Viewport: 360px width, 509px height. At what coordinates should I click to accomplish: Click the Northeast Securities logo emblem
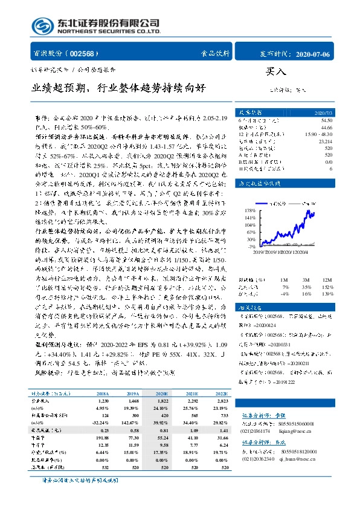[41, 26]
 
